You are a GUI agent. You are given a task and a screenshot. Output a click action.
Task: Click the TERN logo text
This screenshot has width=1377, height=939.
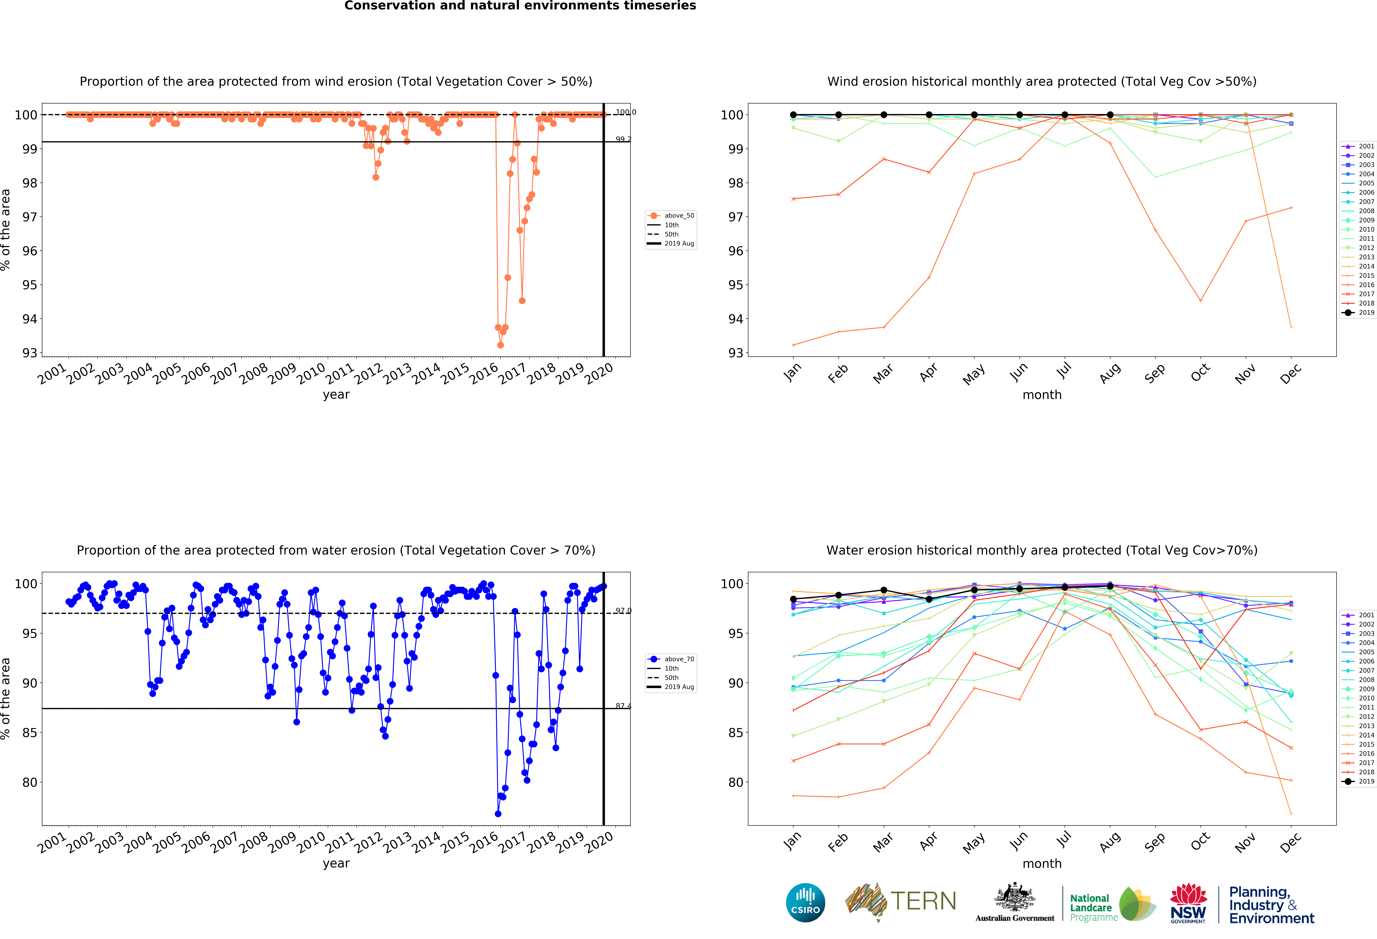(x=923, y=901)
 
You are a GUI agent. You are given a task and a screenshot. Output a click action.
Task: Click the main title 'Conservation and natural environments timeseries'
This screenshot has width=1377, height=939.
(x=520, y=6)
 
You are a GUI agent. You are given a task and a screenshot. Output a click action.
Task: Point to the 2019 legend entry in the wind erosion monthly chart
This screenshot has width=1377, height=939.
(x=1360, y=312)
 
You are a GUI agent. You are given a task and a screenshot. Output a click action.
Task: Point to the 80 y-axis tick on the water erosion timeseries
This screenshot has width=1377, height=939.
(x=30, y=782)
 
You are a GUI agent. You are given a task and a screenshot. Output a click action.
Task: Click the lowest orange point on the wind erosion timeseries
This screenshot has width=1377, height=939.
(x=501, y=345)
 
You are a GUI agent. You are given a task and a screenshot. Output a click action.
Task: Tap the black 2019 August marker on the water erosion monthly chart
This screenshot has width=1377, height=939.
(x=1110, y=586)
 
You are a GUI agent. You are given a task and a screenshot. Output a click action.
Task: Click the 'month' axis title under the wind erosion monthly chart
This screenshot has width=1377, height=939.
(x=1042, y=395)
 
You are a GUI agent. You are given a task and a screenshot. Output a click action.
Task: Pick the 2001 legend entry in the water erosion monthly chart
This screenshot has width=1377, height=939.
(x=1360, y=615)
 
